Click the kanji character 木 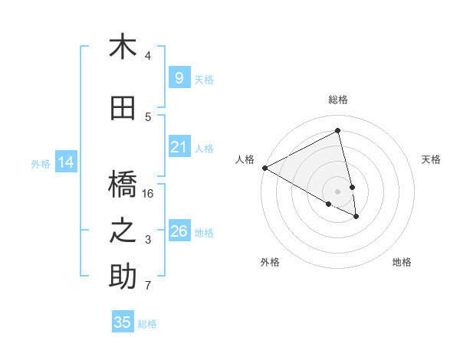point(123,47)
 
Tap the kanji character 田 point(123,109)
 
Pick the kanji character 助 point(123,277)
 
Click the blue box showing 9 point(179,78)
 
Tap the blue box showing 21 point(179,147)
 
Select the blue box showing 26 point(179,231)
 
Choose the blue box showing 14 point(65,162)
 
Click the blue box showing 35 point(123,322)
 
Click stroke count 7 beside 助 point(148,286)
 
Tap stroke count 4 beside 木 point(148,56)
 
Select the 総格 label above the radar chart point(338,100)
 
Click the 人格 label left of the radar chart point(245,159)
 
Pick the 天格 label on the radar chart point(432,159)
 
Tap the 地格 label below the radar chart point(402,262)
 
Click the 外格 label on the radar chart point(270,262)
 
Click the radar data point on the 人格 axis point(264,168)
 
